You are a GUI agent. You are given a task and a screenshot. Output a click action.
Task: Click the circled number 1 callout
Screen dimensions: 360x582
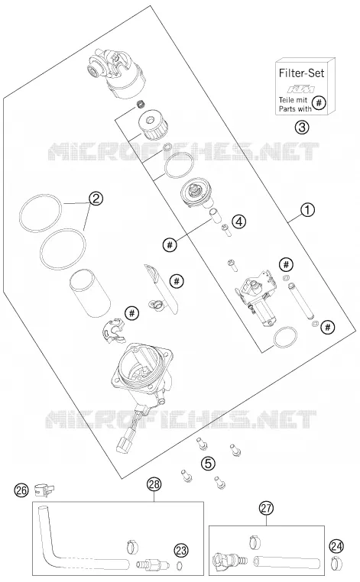307,210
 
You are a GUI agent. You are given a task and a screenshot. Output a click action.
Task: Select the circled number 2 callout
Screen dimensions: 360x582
96,199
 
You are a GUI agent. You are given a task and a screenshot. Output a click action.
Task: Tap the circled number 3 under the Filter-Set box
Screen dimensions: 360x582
302,128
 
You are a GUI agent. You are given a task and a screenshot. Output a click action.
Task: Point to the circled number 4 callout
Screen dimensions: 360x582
239,221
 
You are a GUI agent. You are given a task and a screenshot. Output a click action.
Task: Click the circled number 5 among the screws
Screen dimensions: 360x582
208,463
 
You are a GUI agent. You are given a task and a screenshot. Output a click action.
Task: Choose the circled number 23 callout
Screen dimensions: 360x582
181,551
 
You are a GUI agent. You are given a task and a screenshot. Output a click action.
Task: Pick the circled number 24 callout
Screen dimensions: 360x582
336,546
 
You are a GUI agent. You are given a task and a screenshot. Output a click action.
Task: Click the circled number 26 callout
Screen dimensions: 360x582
21,490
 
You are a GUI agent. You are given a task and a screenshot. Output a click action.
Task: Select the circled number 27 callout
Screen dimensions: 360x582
266,508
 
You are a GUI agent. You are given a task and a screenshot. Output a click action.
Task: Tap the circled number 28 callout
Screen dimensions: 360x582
154,484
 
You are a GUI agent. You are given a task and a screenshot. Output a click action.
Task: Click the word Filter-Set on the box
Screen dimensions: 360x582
301,73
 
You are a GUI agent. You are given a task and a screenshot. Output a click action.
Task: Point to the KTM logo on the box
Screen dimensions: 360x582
302,89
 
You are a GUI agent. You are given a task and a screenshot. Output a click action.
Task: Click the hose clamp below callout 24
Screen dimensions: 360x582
336,563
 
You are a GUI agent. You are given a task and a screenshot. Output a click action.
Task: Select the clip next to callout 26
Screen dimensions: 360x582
44,490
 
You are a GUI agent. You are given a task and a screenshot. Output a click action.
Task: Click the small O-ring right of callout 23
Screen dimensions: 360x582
180,565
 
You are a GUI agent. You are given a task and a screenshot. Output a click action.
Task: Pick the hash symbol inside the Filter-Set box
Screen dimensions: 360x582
319,102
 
